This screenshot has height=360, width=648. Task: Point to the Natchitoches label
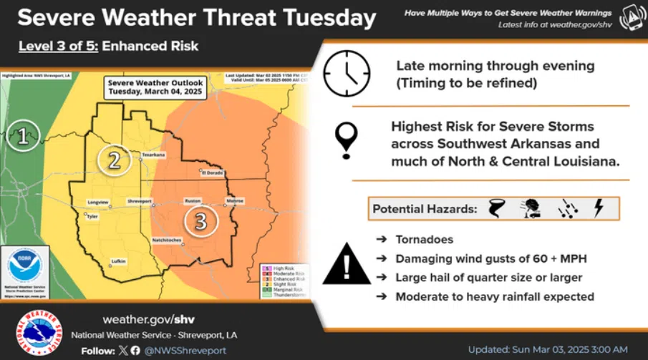tap(167, 239)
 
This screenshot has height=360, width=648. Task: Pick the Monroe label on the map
tap(235, 201)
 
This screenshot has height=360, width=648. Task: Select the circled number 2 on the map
tap(114, 160)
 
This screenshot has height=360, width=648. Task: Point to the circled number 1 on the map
tap(23, 136)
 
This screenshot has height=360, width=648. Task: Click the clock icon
tap(347, 74)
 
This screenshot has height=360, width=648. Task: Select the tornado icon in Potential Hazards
tap(495, 209)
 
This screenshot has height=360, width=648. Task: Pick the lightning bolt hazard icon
tap(599, 208)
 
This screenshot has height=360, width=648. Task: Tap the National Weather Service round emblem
tap(39, 334)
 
